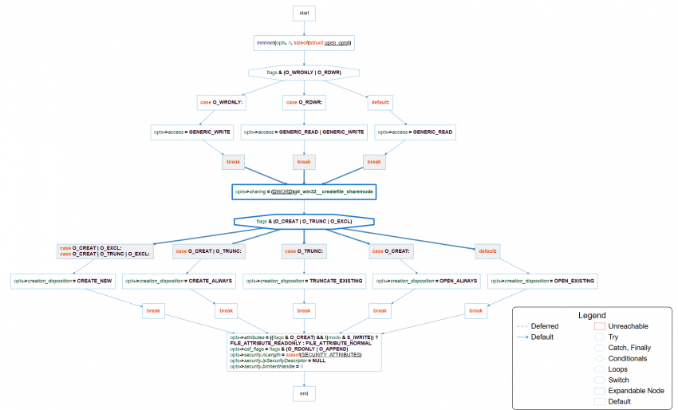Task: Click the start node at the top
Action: (303, 14)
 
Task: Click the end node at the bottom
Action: (303, 393)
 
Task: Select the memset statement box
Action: (303, 42)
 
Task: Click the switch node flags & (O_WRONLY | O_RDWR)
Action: (303, 72)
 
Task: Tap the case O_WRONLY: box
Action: (220, 102)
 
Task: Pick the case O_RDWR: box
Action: (303, 102)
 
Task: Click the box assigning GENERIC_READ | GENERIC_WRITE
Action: (303, 132)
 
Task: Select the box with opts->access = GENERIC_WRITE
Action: (191, 132)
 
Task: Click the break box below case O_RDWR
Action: (303, 162)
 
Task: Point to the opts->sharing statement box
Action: (303, 191)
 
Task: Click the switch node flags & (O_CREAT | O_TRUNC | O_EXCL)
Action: (303, 221)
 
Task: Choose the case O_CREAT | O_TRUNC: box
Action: (209, 251)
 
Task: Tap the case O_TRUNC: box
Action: (303, 251)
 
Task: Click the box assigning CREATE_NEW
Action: (74, 281)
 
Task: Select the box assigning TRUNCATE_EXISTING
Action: (303, 281)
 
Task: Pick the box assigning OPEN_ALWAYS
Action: (427, 281)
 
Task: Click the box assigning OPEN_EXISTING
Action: (542, 281)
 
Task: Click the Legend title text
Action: (591, 316)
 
